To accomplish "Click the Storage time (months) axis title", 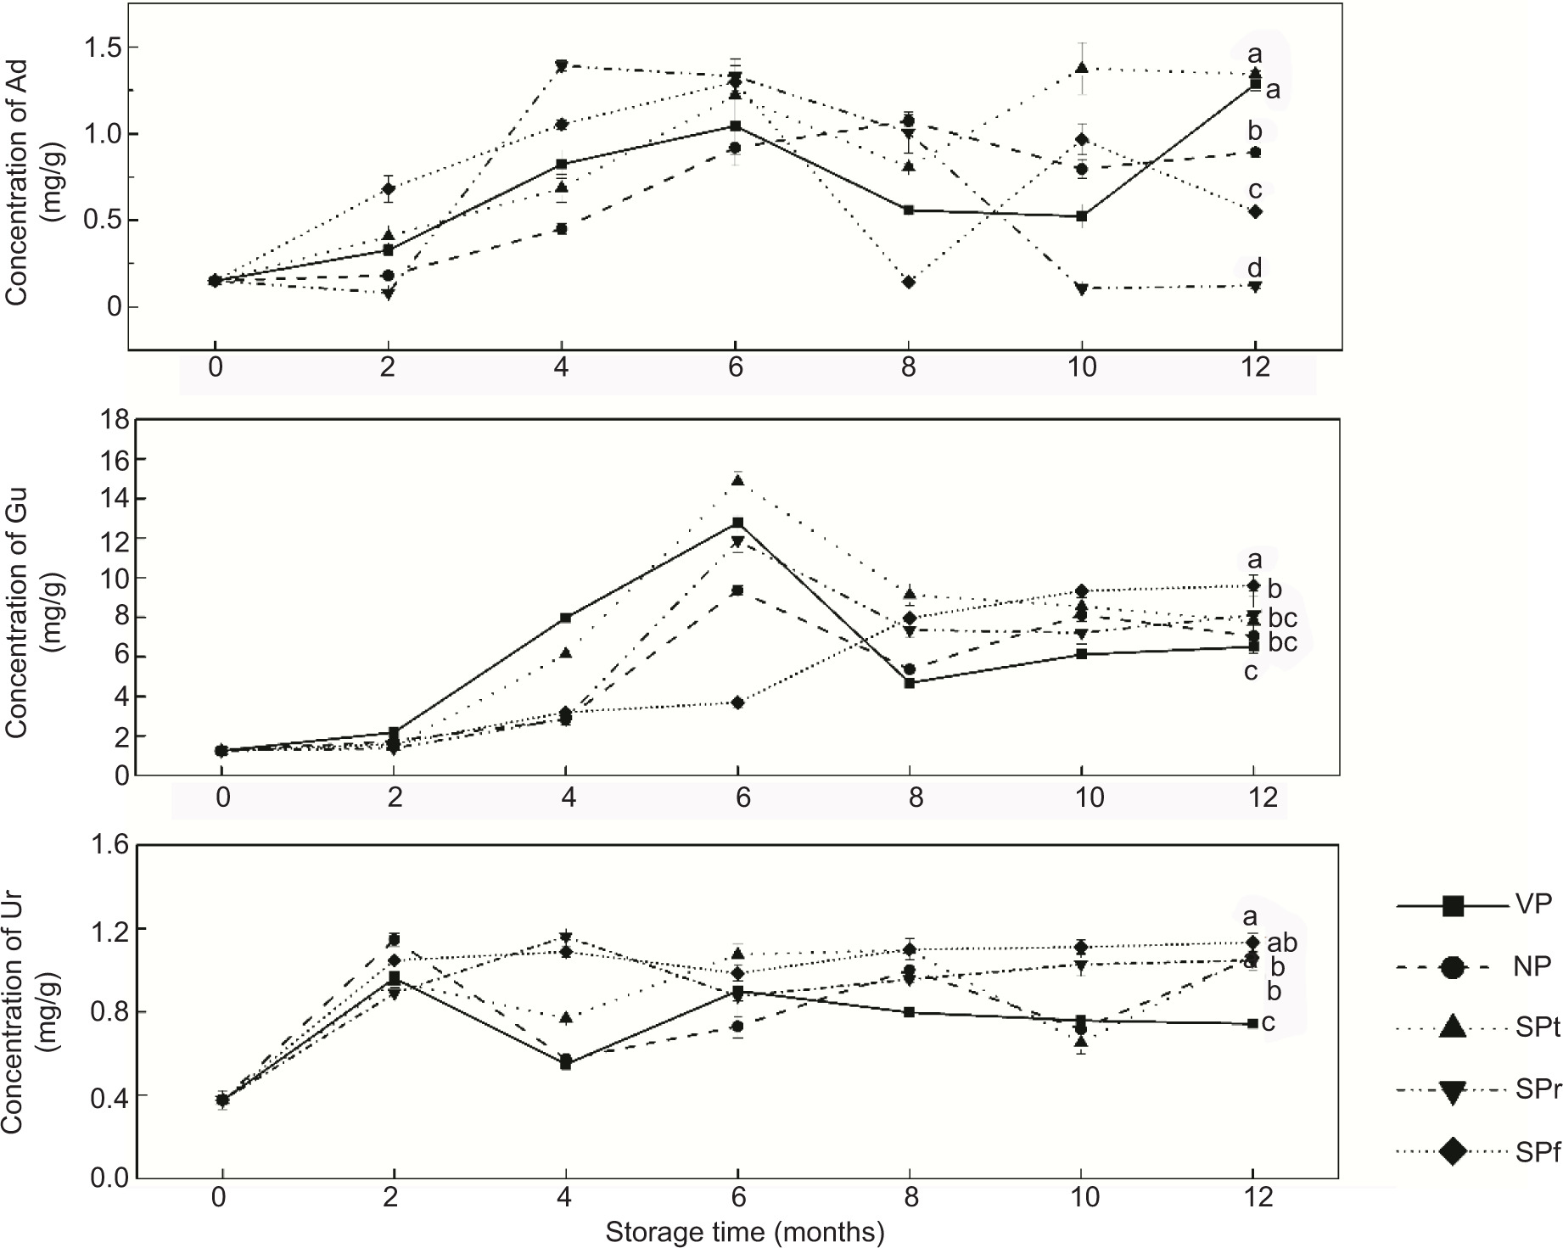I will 744,1232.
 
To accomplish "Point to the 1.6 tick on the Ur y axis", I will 106,846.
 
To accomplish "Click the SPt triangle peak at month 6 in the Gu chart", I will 737,480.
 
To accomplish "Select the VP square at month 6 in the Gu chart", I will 737,523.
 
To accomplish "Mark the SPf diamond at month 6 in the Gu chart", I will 737,702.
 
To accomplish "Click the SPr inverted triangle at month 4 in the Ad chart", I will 561,66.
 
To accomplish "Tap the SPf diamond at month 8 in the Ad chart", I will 909,282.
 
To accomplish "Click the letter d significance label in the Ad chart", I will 1254,269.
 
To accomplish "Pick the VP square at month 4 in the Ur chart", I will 565,1063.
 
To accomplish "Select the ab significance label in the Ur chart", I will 1282,943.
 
